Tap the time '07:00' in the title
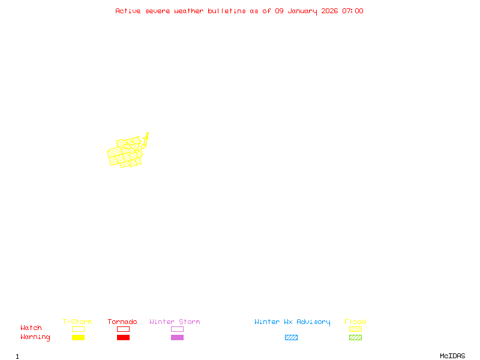(352, 11)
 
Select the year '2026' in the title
(329, 11)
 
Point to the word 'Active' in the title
(128, 11)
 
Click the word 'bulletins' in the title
(226, 11)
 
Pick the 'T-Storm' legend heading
(77, 322)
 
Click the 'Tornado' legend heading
(122, 322)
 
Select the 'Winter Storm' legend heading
(175, 322)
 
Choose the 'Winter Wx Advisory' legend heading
(292, 322)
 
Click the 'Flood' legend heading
(355, 322)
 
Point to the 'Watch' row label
(31, 328)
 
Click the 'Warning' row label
(35, 337)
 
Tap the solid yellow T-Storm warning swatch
(78, 338)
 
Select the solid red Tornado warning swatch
(123, 338)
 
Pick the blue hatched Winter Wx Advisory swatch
(291, 338)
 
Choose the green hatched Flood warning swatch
(355, 338)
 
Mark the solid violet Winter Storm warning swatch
(177, 338)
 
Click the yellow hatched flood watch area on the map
(126, 153)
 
